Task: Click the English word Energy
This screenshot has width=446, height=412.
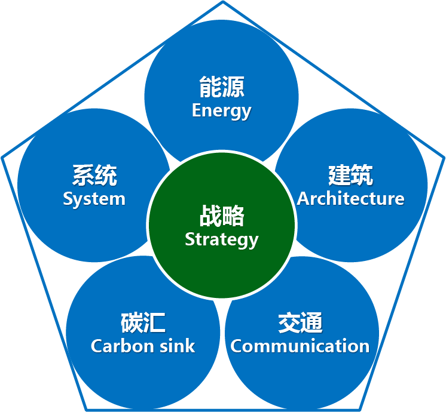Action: point(222,111)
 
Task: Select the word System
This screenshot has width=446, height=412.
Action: point(94,199)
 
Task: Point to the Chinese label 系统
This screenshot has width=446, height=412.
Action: point(94,176)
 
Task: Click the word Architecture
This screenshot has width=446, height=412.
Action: point(350,198)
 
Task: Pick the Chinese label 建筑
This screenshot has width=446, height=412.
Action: point(350,176)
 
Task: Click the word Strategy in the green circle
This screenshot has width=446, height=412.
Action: point(222,239)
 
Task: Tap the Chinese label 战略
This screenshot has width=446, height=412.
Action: point(222,217)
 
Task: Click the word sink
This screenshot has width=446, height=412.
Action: point(178,346)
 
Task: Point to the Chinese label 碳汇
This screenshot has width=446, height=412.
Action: point(143,323)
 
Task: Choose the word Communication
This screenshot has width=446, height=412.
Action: point(300,346)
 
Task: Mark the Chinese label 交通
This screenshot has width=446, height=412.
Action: point(300,323)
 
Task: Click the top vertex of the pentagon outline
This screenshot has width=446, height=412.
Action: point(223,2)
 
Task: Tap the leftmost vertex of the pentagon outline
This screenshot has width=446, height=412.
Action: point(2,157)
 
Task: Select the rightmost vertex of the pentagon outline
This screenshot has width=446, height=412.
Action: point(444,157)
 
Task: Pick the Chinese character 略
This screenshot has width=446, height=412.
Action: point(233,217)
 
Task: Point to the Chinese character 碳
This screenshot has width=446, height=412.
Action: point(132,323)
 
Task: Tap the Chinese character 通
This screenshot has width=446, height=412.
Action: point(311,323)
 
